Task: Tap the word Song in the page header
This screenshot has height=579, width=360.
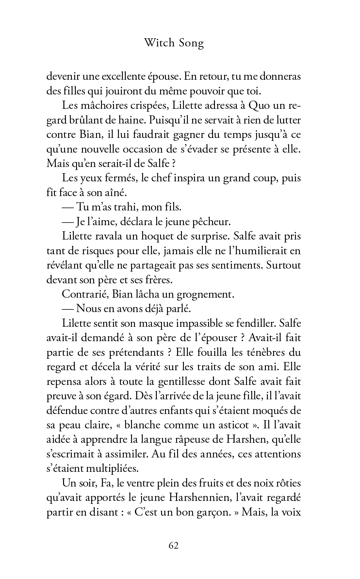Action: tap(191, 43)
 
